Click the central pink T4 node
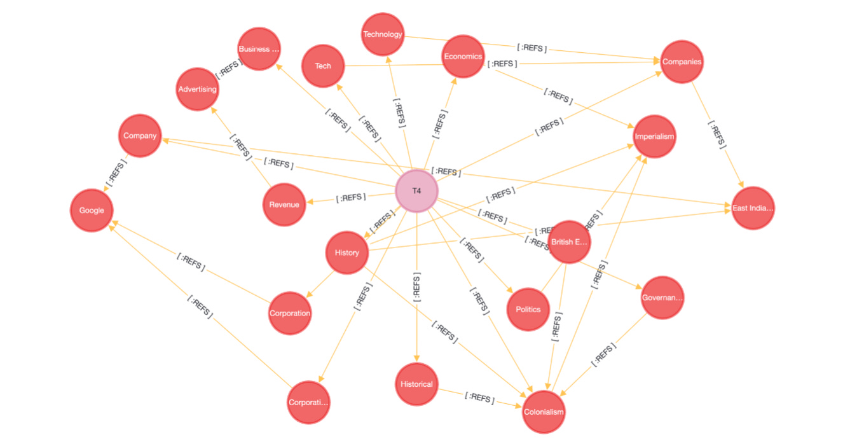pyautogui.click(x=416, y=191)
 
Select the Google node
pyautogui.click(x=92, y=211)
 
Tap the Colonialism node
pyautogui.click(x=544, y=412)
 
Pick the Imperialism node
pyautogui.click(x=654, y=136)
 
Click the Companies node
pyautogui.click(x=682, y=62)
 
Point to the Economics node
pyautogui.click(x=463, y=56)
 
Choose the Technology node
pyautogui.click(x=383, y=34)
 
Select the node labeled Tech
pyautogui.click(x=323, y=66)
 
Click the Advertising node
pyautogui.click(x=197, y=89)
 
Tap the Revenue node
pyautogui.click(x=284, y=204)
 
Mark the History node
pyautogui.click(x=346, y=253)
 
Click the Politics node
pyautogui.click(x=528, y=309)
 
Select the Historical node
pyautogui.click(x=416, y=384)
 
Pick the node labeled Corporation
pyautogui.click(x=290, y=313)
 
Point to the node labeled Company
pyautogui.click(x=140, y=135)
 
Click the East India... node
pyautogui.click(x=753, y=208)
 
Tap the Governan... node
pyautogui.click(x=662, y=297)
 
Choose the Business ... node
pyautogui.click(x=259, y=49)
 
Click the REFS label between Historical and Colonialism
pyautogui.click(x=479, y=398)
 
